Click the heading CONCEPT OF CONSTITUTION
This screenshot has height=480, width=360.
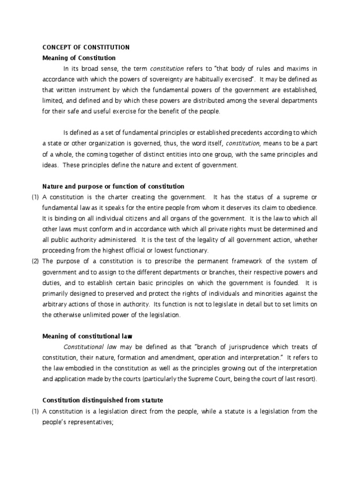pos(86,47)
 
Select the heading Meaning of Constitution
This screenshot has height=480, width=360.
pos(79,58)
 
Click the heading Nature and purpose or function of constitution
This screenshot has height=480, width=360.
pos(113,186)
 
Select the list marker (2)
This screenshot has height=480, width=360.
pos(35,261)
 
